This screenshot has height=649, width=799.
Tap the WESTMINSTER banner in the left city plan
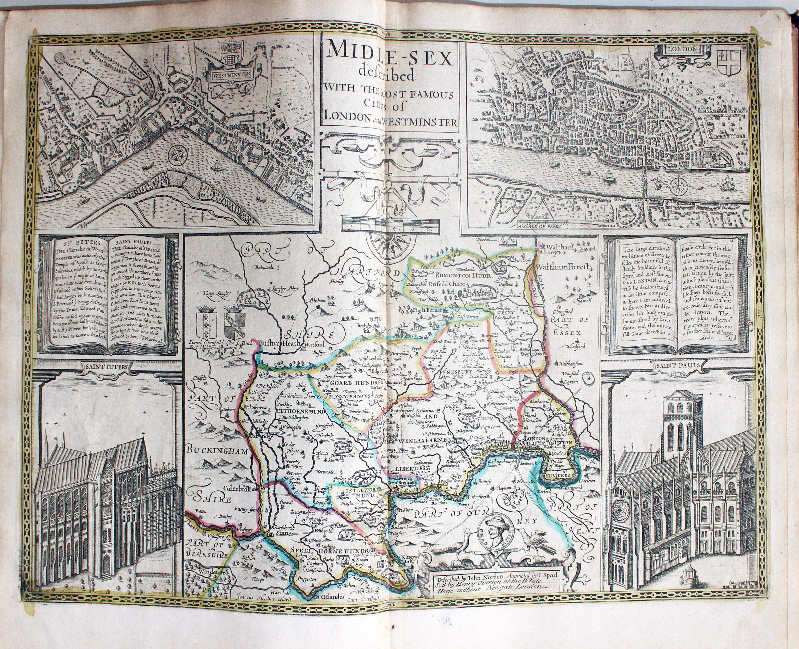coord(229,74)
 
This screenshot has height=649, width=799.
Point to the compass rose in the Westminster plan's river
coord(176,154)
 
